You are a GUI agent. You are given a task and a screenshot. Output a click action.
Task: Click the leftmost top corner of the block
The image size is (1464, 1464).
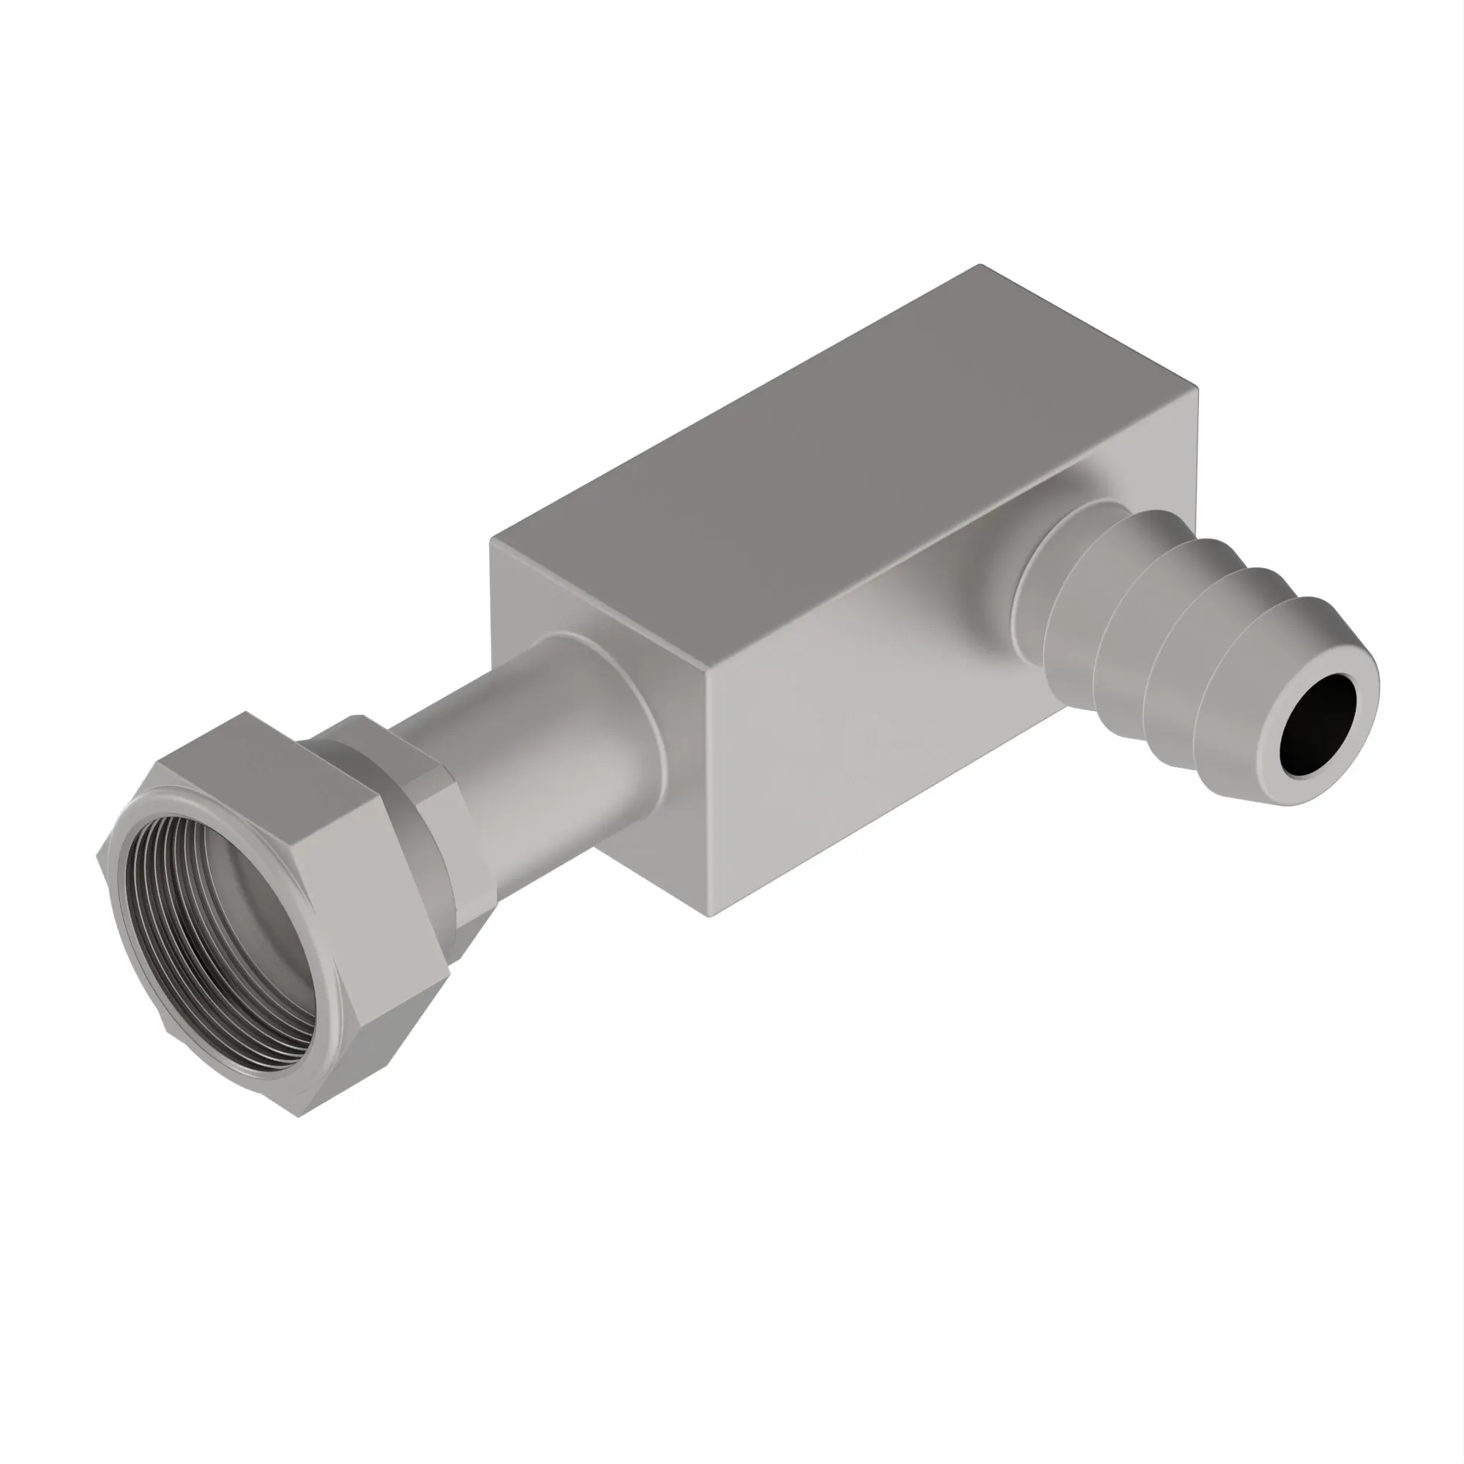(493, 539)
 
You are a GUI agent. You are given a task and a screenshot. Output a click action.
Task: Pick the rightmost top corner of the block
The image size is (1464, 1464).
(1198, 388)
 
